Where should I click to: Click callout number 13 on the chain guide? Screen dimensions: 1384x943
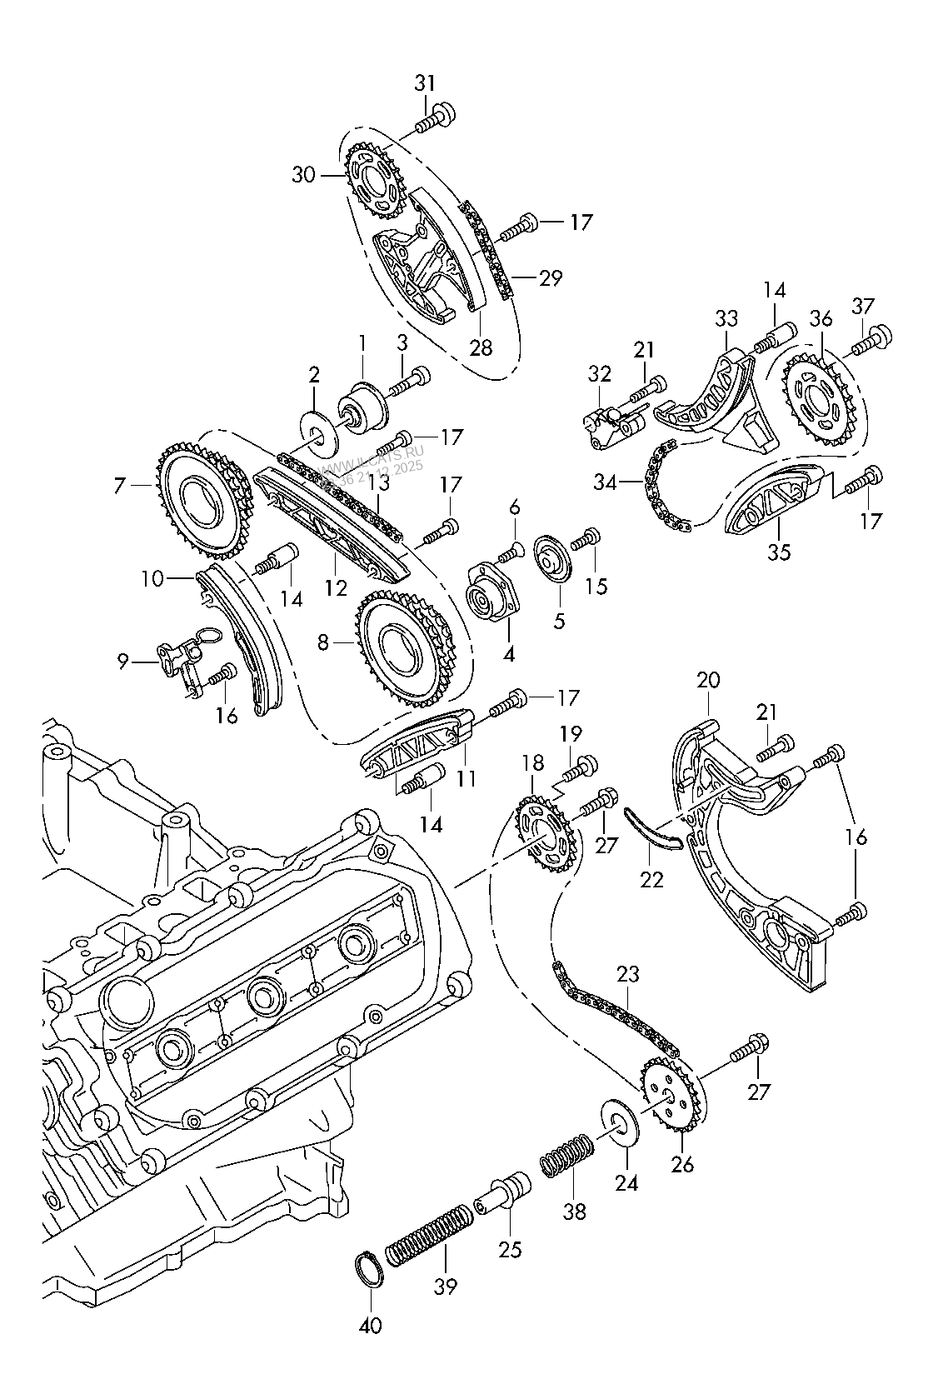coord(379,481)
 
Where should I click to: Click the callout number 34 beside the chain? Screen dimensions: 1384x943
coord(606,481)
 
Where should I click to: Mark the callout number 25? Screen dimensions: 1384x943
coord(509,1248)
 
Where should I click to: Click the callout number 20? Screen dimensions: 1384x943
coord(708,680)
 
